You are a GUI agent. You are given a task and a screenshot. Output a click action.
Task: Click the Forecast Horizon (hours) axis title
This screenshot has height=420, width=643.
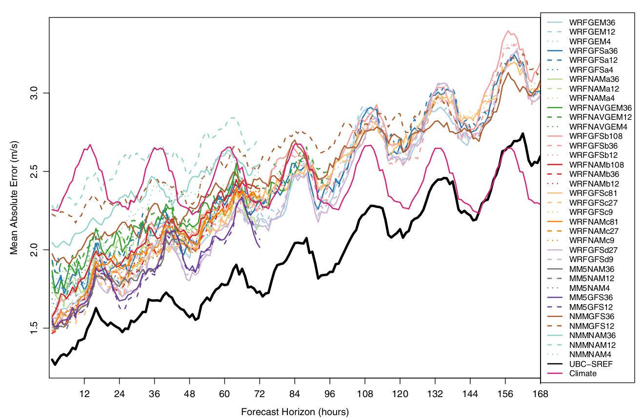(x=295, y=412)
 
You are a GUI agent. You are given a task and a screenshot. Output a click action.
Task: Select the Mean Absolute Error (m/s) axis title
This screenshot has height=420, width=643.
(x=14, y=197)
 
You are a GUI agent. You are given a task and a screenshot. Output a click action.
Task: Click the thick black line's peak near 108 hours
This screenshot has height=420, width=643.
(x=372, y=206)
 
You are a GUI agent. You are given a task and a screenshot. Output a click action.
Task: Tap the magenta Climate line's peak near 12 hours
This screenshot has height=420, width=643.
(x=90, y=145)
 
